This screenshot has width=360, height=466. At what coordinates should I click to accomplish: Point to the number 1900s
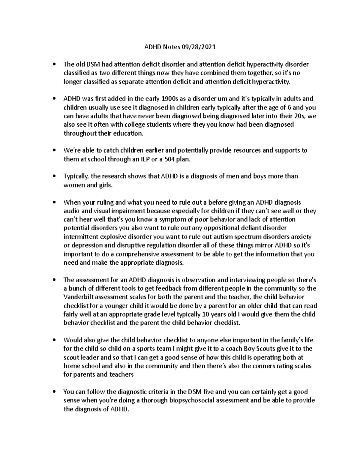(170, 99)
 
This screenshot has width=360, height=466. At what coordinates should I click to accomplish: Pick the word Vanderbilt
(78, 297)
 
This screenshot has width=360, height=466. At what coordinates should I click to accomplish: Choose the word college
(146, 125)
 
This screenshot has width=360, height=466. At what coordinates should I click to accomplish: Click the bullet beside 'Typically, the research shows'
(54, 176)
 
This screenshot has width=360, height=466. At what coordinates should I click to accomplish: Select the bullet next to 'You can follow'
(54, 392)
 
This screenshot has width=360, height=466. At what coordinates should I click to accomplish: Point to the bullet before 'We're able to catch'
(54, 151)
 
